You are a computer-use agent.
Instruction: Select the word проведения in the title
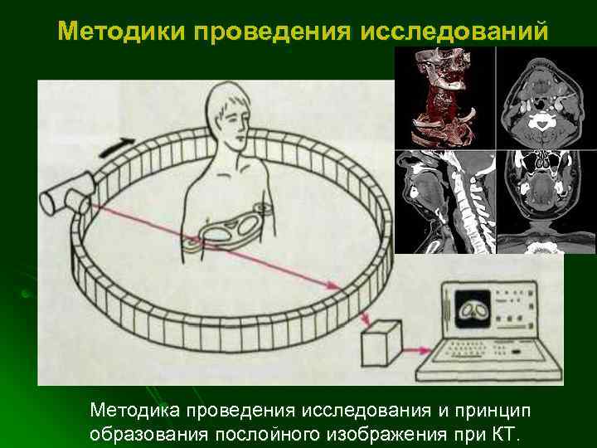coord(273,32)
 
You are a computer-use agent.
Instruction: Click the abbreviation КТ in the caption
coord(504,434)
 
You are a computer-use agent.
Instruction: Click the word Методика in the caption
coord(135,411)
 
